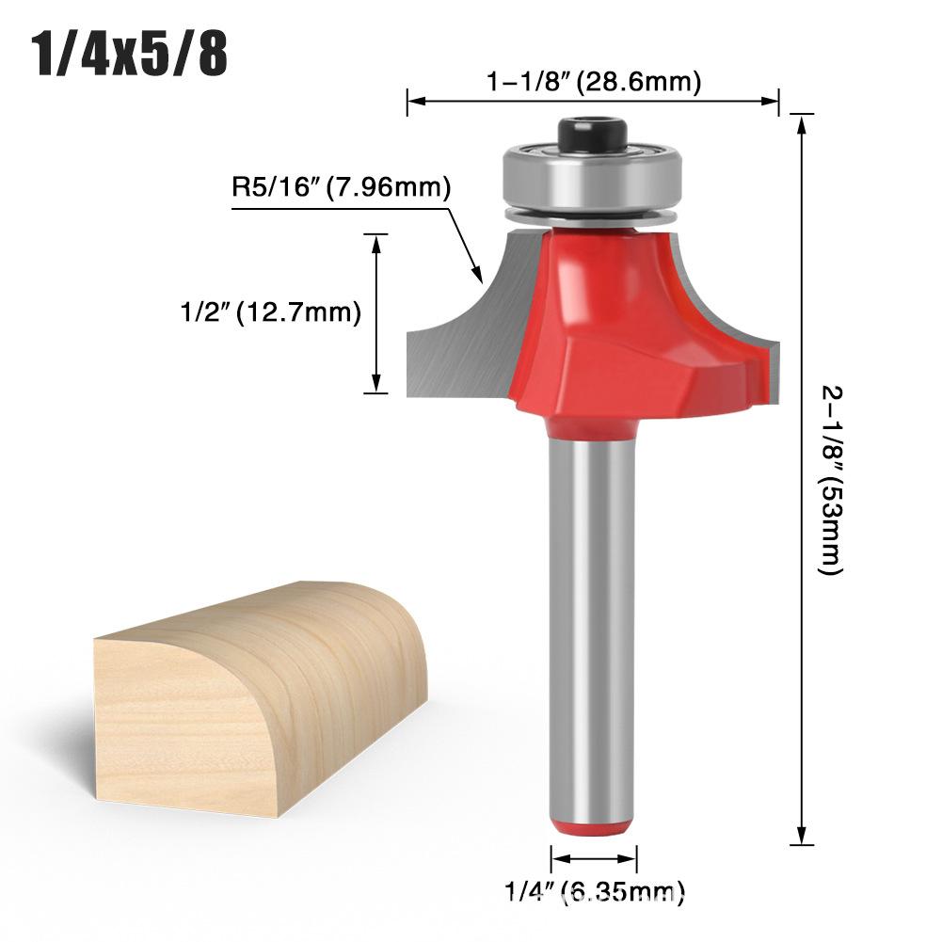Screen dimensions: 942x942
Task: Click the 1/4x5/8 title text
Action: point(131,55)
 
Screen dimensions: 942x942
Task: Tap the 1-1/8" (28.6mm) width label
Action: point(593,82)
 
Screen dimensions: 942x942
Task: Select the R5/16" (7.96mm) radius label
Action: point(342,187)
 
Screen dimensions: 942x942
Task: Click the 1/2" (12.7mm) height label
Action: point(270,312)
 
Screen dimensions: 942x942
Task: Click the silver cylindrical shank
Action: point(593,640)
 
